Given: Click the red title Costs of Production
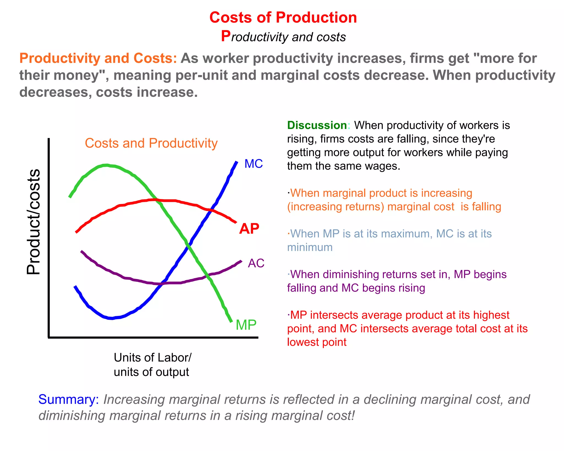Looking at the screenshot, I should tap(283, 17).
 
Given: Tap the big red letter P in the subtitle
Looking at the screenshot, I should tap(226, 36).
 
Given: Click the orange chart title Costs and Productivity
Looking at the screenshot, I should tap(151, 143).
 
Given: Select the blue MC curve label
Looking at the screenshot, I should tap(253, 164).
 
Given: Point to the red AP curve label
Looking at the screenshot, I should tap(249, 229).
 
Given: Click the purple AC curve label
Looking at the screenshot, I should tap(256, 263).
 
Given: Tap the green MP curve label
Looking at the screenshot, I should tap(246, 325).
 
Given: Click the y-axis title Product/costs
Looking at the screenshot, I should tap(34, 222).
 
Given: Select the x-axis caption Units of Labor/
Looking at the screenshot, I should tap(152, 358).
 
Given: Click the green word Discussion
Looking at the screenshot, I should tap(317, 125).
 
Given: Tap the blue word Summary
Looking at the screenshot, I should tap(68, 399).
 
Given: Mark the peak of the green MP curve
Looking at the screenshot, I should tap(106, 165).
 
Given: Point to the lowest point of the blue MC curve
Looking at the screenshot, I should tap(111, 318).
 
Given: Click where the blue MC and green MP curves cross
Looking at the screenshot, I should tap(188, 246).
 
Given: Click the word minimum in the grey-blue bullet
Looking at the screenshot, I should tap(310, 247).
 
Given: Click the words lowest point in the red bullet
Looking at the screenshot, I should tap(316, 342).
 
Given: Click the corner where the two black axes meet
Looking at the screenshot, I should tap(49, 337).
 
